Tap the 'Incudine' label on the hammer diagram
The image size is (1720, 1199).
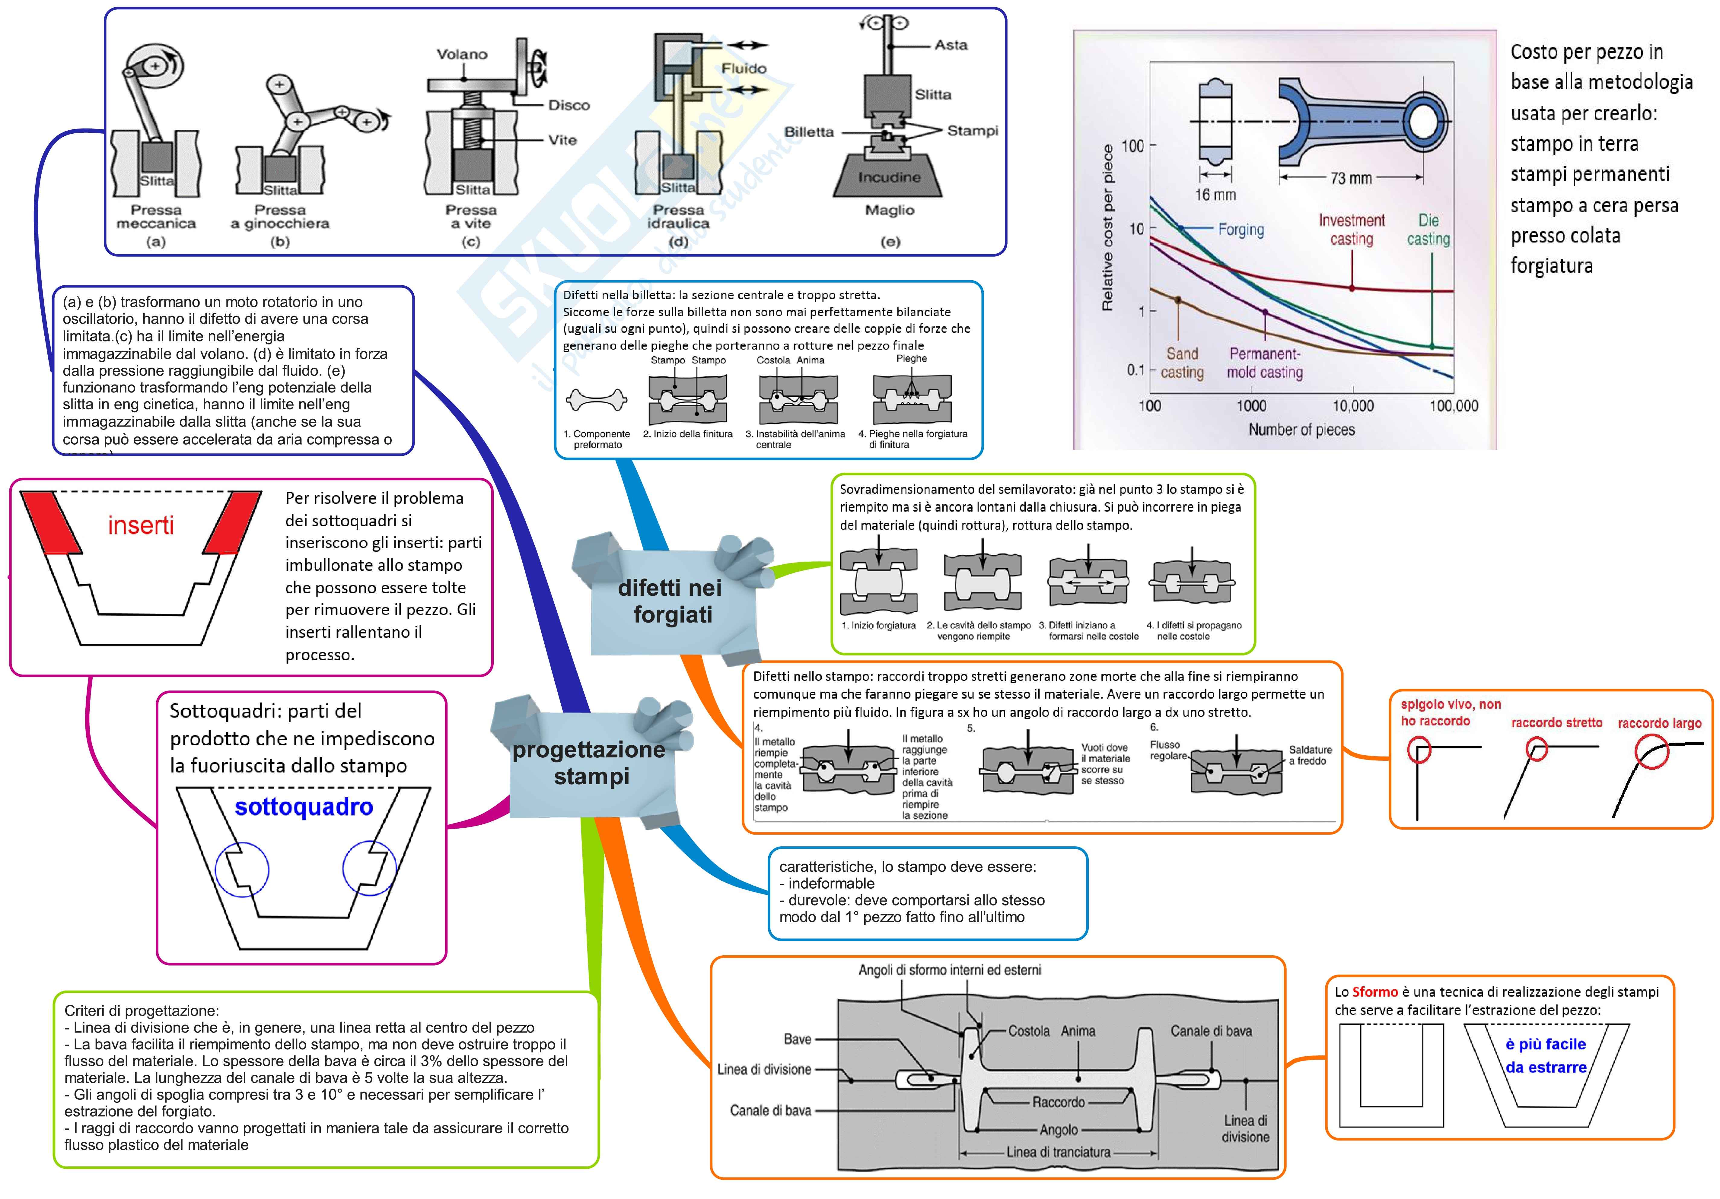click(x=889, y=177)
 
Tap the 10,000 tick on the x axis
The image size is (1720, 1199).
click(x=1353, y=406)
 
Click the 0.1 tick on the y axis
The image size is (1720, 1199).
click(x=1136, y=370)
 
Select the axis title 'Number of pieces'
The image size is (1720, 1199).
click(x=1301, y=430)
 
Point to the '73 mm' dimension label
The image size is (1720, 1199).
click(x=1351, y=178)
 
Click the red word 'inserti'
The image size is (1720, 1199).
click(x=141, y=526)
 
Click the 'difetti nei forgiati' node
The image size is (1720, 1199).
click(x=670, y=601)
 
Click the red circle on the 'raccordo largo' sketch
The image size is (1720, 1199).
click(x=1651, y=751)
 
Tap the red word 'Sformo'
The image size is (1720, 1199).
click(x=1375, y=991)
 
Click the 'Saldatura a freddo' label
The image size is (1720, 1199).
click(x=1310, y=755)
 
